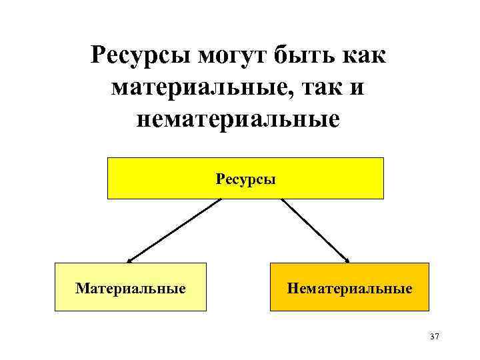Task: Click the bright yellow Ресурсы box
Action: pos(153,179)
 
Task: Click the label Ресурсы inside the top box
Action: pos(246,179)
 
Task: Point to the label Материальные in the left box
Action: pos(131,289)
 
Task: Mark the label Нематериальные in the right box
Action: pos(349,289)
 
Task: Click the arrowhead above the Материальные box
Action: pos(131,260)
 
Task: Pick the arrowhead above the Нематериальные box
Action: pos(346,259)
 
